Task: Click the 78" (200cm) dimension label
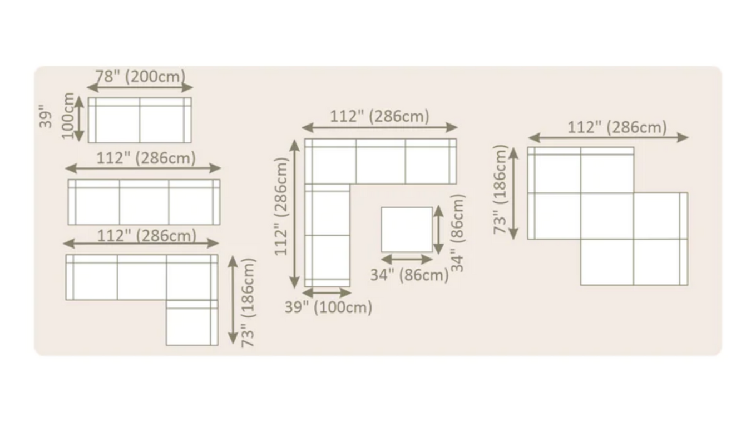141,77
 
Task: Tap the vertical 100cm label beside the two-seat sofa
68,116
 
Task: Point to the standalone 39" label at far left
46,116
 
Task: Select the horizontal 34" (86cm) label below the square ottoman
409,275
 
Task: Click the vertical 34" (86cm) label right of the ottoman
458,233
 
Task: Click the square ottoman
407,230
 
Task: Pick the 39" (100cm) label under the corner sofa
329,307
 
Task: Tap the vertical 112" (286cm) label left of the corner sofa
281,206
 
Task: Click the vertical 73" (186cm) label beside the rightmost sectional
501,190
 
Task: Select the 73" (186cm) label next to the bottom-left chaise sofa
249,302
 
